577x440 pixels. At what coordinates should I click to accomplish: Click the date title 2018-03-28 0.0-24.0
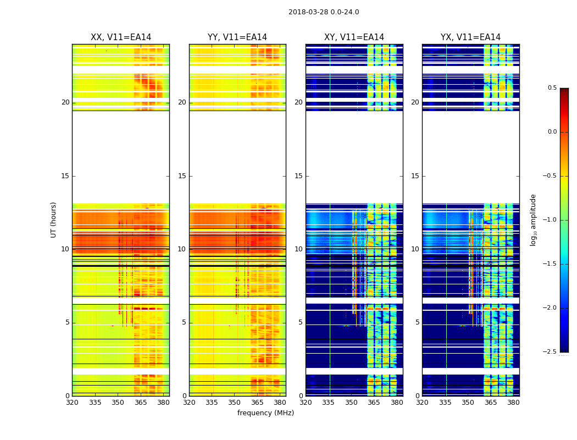click(324, 12)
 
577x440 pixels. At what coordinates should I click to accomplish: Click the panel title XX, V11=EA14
click(121, 37)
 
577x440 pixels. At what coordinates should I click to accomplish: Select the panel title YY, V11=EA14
click(237, 37)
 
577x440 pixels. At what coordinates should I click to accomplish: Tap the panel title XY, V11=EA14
click(354, 37)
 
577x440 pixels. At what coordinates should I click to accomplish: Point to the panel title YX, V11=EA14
click(470, 37)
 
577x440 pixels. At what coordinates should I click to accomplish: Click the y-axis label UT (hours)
click(54, 219)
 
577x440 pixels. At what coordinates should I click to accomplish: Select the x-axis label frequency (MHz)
click(265, 413)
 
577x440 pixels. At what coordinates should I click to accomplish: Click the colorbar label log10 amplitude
click(533, 219)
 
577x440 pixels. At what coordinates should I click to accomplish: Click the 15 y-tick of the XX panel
click(66, 176)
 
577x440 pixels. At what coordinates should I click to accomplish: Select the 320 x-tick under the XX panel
click(72, 402)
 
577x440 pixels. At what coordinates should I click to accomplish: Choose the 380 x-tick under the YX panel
click(513, 402)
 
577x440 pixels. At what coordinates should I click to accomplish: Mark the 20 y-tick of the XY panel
click(298, 102)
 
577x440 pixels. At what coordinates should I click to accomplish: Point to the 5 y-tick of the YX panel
click(417, 322)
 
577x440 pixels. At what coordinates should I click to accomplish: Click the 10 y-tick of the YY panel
click(182, 249)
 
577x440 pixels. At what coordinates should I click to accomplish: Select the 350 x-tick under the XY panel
click(351, 402)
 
